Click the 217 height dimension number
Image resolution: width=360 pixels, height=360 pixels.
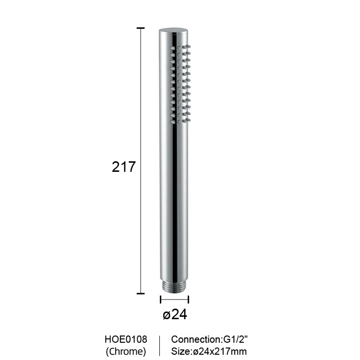click(x=124, y=167)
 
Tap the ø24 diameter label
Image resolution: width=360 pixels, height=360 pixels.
click(x=175, y=314)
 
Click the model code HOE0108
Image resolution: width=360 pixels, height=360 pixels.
click(x=126, y=340)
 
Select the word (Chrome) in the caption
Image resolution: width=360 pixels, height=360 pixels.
click(x=126, y=351)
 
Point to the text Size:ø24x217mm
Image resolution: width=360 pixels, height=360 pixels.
click(x=209, y=351)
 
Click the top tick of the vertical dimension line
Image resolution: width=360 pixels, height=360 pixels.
click(x=141, y=29)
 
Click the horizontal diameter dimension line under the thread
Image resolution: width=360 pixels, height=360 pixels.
click(x=174, y=300)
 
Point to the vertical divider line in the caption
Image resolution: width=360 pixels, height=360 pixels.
click(x=159, y=345)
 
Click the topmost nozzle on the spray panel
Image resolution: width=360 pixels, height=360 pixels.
click(x=189, y=47)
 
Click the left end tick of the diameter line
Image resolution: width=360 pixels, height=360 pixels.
click(x=160, y=300)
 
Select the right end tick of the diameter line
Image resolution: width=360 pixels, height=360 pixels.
click(x=189, y=300)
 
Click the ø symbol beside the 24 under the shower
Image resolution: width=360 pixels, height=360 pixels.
click(x=167, y=315)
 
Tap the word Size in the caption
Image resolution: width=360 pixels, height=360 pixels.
click(x=180, y=351)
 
